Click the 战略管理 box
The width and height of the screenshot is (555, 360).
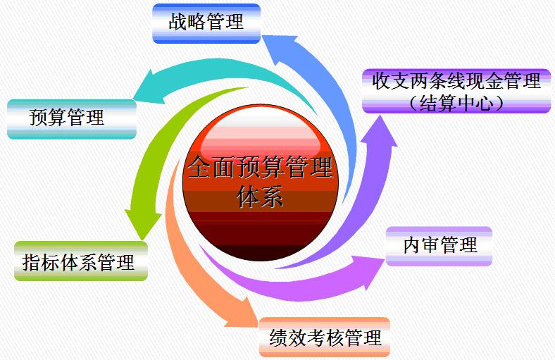tap(206, 23)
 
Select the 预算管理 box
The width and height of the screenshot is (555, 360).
tap(71, 118)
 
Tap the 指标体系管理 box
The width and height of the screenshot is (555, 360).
tap(80, 262)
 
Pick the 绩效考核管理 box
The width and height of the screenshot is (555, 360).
tap(324, 337)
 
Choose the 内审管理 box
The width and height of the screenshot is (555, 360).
tap(439, 245)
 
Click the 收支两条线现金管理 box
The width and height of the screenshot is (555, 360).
tap(456, 90)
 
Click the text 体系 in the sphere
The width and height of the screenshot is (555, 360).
tap(261, 197)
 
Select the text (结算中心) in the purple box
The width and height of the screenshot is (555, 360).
tap(456, 103)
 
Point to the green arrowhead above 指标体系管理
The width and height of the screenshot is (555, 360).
tap(137, 222)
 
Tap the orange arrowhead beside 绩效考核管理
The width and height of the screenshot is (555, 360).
tap(239, 314)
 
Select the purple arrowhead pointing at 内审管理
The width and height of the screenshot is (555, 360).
tap(370, 268)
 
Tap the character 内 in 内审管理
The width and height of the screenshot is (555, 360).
tap(411, 245)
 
